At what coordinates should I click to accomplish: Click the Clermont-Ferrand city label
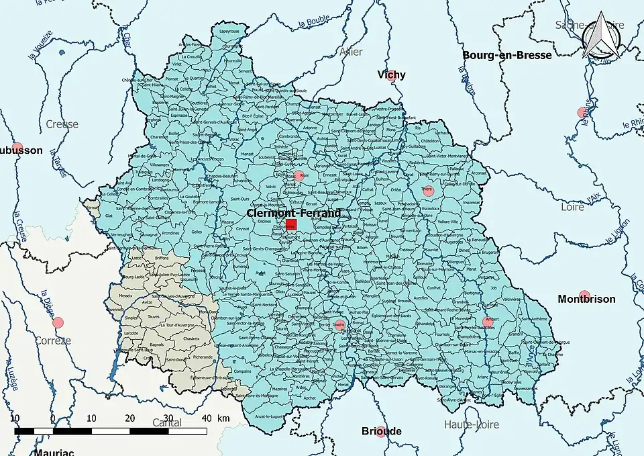293,213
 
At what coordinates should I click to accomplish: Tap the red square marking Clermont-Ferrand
291,225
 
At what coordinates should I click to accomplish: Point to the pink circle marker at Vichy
390,75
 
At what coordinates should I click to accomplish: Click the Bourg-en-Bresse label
507,55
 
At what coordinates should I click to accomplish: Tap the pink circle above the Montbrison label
584,294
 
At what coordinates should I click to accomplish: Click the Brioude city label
382,430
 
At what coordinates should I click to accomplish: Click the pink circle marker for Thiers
429,191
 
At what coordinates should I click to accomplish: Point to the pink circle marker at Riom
299,176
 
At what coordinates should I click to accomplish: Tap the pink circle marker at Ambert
488,322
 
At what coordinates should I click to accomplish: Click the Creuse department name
62,124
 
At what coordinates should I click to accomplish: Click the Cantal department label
167,422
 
